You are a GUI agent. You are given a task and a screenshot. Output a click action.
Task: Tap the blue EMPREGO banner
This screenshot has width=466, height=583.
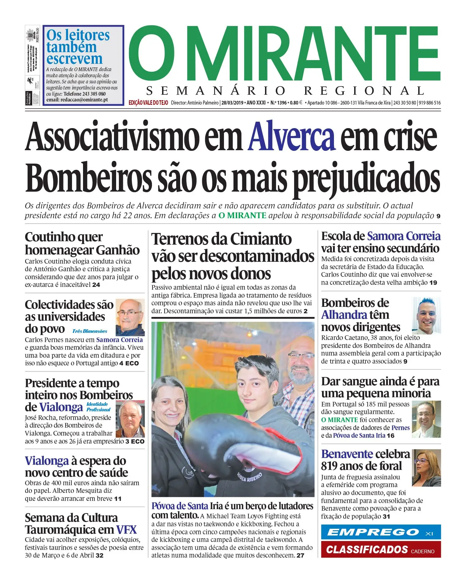381,532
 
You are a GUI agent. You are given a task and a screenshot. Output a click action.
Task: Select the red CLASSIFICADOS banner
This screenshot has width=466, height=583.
381,549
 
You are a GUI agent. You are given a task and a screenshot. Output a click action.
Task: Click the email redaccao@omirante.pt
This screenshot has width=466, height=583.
77,100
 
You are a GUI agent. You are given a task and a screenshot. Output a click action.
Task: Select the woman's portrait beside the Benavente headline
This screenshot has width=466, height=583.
426,468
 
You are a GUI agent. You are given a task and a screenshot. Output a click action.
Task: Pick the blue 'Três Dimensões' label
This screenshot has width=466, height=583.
90,331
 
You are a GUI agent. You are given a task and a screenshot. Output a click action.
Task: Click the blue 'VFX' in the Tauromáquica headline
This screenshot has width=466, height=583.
126,530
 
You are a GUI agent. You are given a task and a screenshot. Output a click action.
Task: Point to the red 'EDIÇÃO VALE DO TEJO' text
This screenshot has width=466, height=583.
148,103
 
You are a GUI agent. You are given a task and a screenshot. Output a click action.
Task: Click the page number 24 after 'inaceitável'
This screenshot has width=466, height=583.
96,285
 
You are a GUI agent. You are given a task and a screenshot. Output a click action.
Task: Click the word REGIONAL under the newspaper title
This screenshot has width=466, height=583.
364,91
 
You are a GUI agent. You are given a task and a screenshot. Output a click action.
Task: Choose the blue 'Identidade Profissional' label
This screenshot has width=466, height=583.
98,407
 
